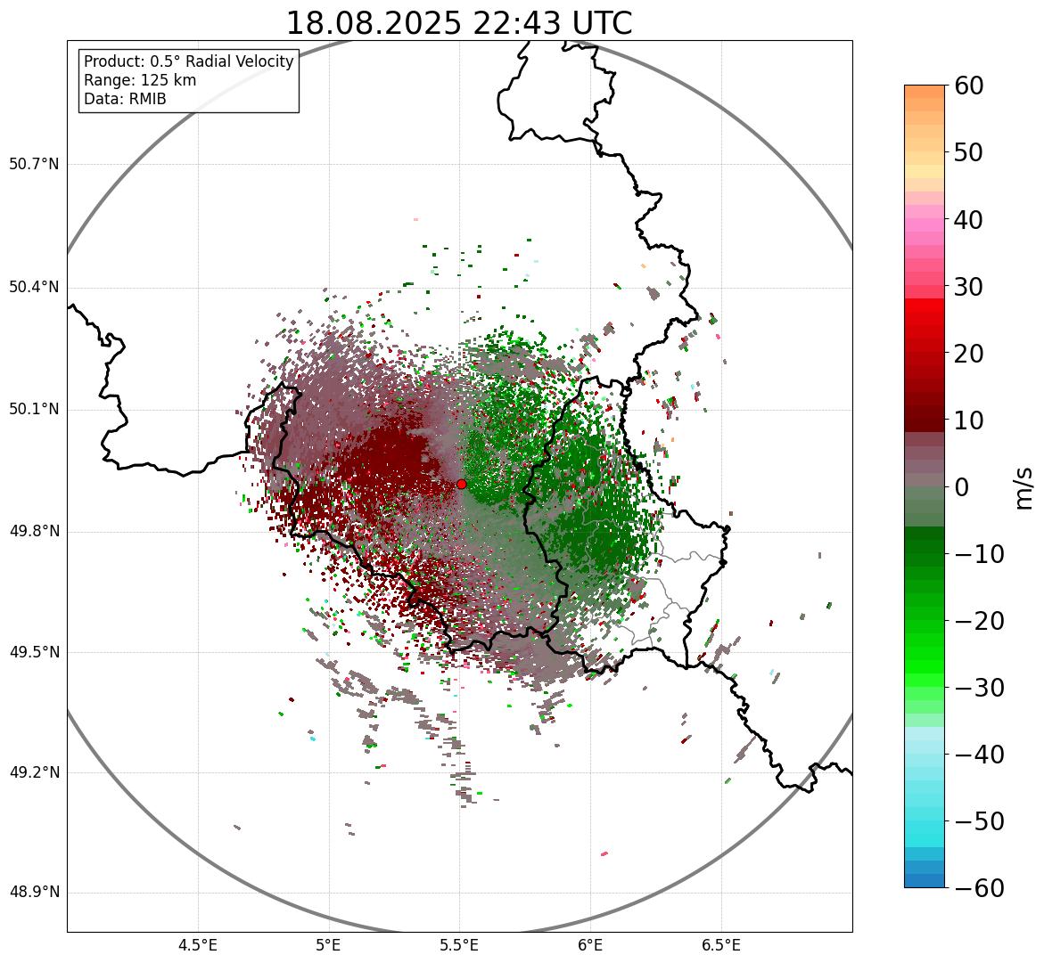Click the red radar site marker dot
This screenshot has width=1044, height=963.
coord(461,484)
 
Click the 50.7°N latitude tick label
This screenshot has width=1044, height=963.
coord(34,165)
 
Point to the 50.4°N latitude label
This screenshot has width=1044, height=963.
coord(34,288)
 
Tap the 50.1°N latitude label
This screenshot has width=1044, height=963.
coord(34,410)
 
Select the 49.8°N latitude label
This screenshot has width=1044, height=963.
coord(34,532)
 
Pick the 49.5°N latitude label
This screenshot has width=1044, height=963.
coord(34,652)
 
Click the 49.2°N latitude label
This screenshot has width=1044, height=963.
coord(34,772)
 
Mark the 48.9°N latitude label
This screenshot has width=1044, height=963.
coord(34,893)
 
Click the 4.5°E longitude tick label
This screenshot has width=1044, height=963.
coord(198,945)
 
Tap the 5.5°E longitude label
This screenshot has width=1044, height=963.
coord(459,945)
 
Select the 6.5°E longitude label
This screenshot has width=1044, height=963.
coord(720,945)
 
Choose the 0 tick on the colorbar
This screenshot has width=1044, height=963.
coord(962,487)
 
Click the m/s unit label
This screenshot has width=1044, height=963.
coord(1023,487)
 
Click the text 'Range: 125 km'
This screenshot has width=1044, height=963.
coord(140,80)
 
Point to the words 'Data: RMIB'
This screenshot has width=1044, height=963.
coord(125,99)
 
